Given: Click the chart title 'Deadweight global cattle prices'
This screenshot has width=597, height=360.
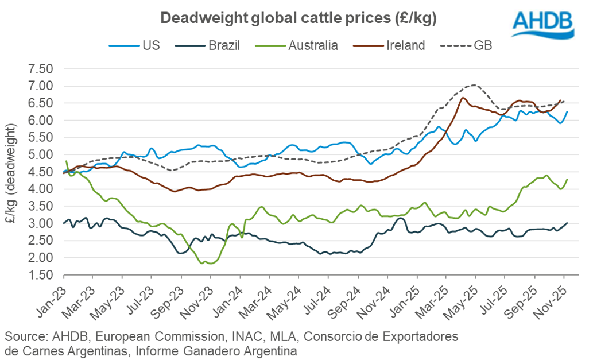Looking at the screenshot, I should coord(298,18).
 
